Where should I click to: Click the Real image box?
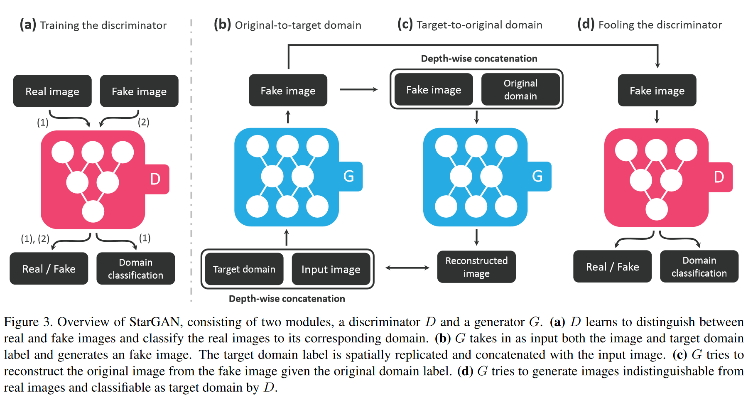point(52,91)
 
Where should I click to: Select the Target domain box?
point(244,269)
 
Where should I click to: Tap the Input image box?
point(331,269)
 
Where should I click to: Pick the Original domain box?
point(520,89)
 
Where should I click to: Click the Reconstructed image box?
point(476,267)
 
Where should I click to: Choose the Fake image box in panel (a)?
point(139,91)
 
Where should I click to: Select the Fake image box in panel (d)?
point(657,91)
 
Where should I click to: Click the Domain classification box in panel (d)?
point(699,266)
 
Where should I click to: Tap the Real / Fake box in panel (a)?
point(49,268)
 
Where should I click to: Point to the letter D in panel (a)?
point(155,179)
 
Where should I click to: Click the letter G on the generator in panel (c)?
point(537,176)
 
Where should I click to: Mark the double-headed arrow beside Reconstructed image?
point(407,268)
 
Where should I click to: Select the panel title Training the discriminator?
point(103,25)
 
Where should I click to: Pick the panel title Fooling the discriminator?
point(660,25)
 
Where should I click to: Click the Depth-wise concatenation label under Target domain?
point(287,299)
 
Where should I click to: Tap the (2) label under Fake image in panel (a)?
point(144,122)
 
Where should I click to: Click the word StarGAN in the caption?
point(155,322)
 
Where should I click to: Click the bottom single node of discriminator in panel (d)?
point(657,209)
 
